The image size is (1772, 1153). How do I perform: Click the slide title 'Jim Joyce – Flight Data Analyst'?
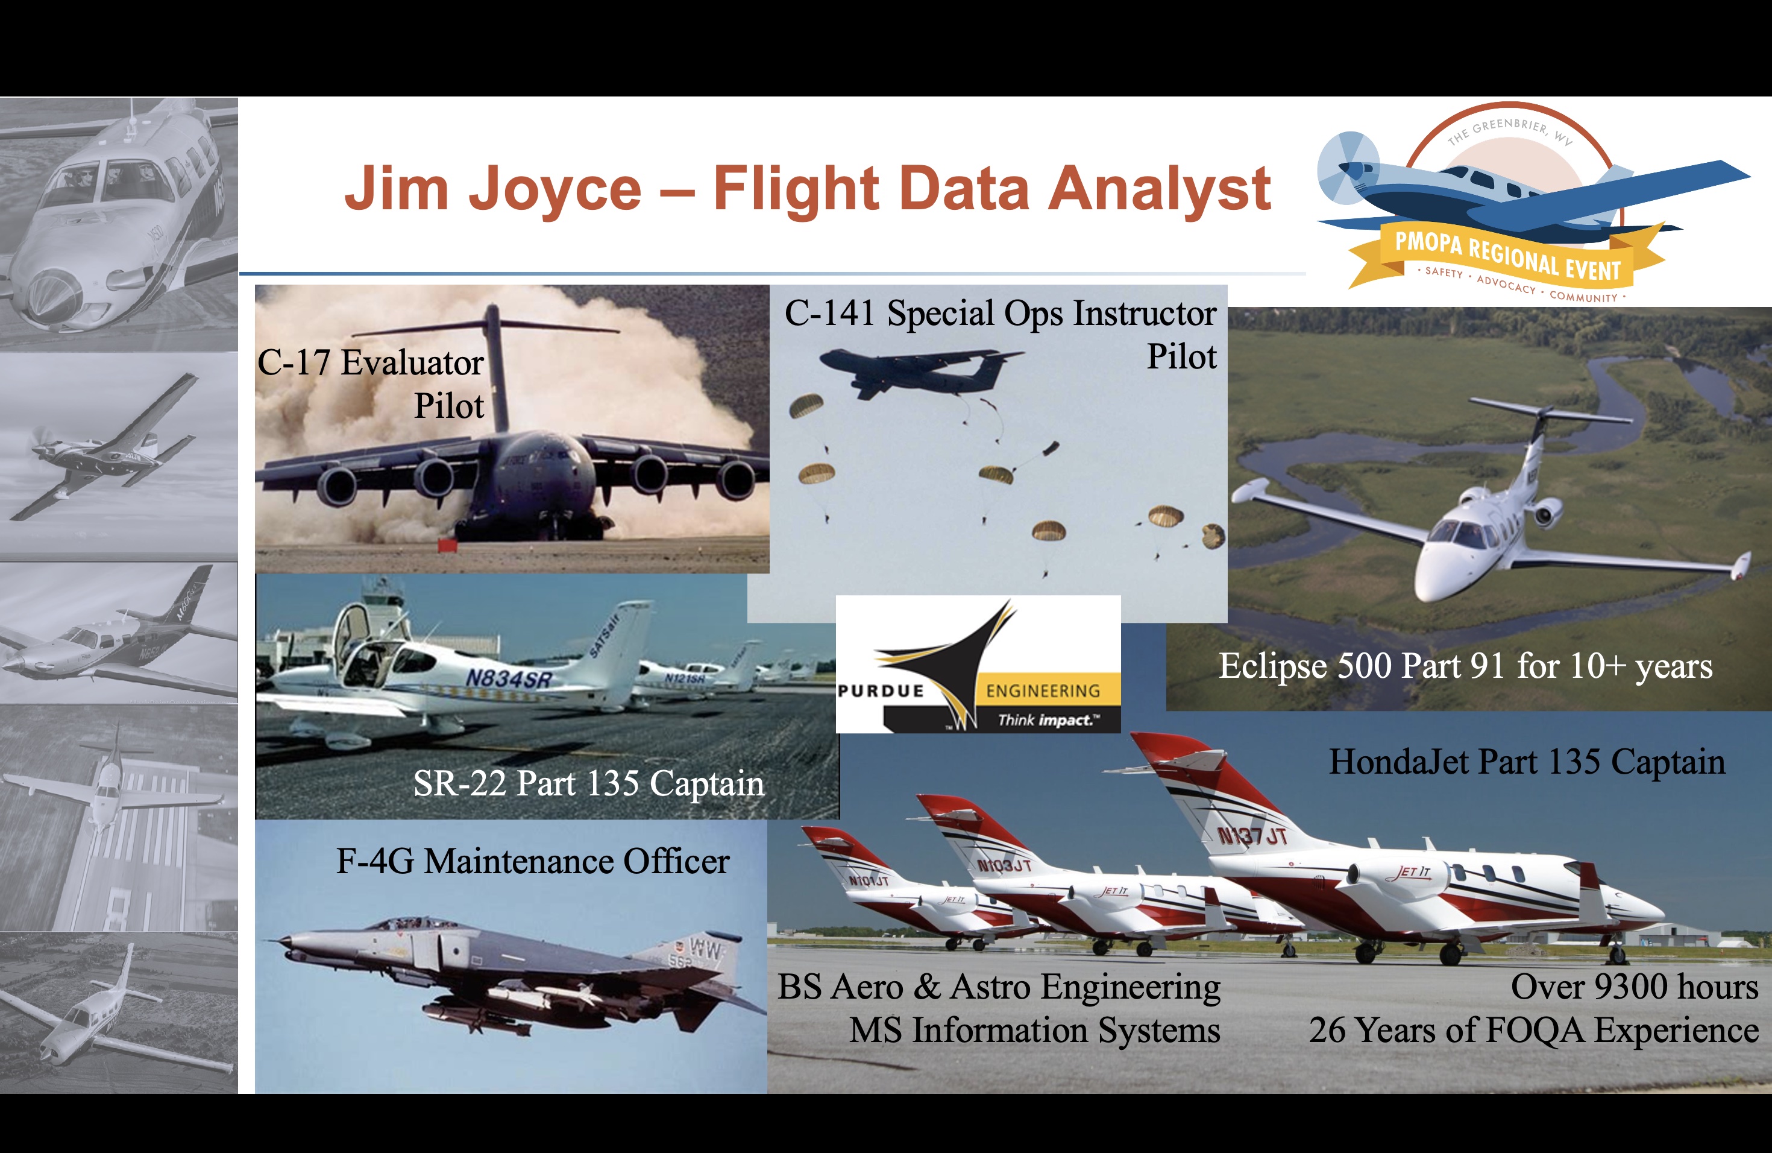click(807, 190)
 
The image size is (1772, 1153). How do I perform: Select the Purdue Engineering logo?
click(978, 664)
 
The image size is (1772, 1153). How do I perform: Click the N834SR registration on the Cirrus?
click(509, 678)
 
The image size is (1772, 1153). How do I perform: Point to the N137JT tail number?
click(1252, 836)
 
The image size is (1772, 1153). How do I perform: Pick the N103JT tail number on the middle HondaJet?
click(1004, 865)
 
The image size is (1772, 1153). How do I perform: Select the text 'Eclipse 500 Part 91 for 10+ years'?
click(1465, 666)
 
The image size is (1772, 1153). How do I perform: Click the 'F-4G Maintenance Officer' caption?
click(532, 861)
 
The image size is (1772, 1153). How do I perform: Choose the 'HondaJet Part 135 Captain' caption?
click(1527, 762)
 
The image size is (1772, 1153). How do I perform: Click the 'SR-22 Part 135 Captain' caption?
click(588, 783)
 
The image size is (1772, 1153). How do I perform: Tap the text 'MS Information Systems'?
click(1034, 1030)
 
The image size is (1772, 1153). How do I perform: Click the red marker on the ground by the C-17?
click(447, 545)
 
